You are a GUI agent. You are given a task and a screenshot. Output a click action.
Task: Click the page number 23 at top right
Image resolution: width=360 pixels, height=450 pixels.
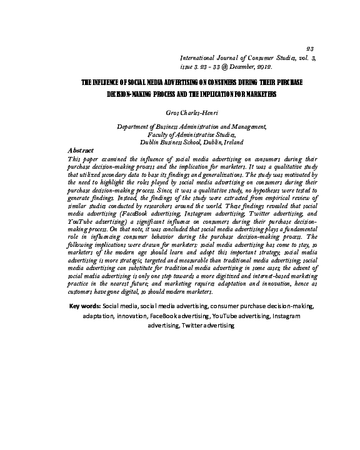(311, 48)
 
